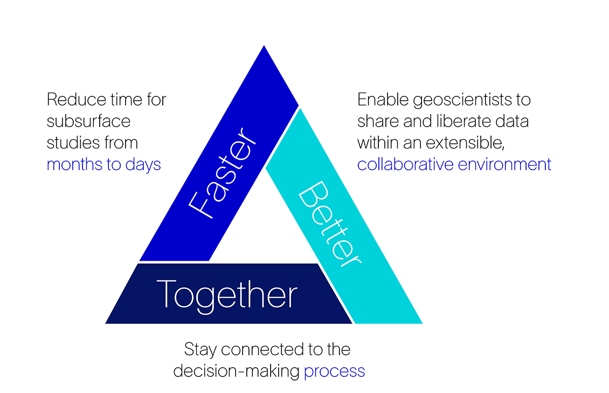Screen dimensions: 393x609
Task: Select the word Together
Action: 227,294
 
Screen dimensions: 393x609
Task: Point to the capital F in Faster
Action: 200,206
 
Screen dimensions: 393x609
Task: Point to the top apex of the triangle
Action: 264,47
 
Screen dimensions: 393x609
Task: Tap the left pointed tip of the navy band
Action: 107,322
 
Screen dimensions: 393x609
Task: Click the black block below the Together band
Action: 226,366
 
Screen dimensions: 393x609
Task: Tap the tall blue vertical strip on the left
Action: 62,269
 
